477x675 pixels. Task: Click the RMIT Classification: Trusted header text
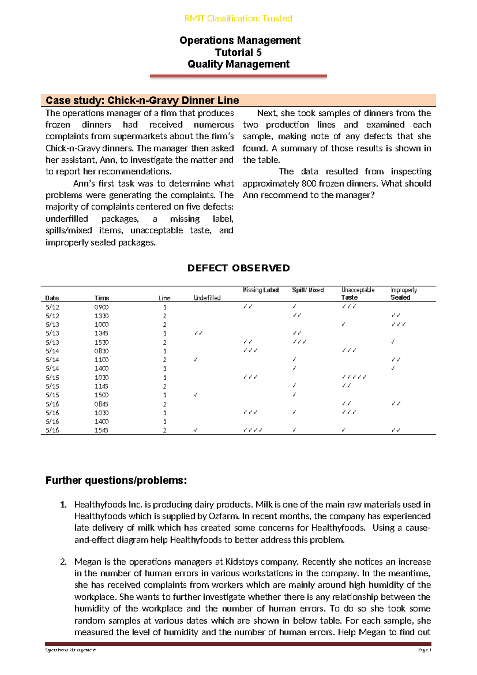coord(238,18)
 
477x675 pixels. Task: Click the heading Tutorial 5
coord(238,52)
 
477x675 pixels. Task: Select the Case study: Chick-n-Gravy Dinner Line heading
coord(142,100)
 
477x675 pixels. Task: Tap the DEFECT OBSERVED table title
coord(238,268)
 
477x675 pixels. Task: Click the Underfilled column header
coord(207,298)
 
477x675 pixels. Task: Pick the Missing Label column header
coord(261,290)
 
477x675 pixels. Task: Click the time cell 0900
coord(101,307)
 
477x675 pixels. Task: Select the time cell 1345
coord(101,333)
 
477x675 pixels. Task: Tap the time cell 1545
coord(101,430)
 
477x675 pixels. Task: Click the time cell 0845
coord(101,404)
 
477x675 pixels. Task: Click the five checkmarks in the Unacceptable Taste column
coord(354,377)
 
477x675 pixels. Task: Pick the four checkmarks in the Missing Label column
coord(253,430)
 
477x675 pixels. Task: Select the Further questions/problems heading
coord(116,480)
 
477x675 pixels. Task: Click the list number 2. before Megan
coord(63,562)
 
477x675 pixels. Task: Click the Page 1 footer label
coord(424,650)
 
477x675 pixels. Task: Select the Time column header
coord(101,298)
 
